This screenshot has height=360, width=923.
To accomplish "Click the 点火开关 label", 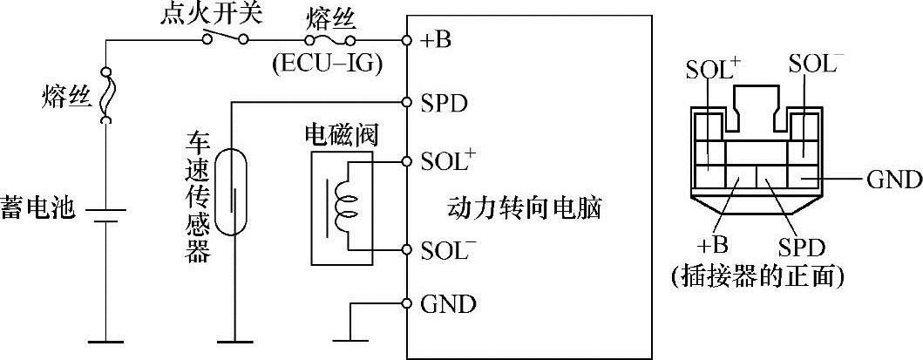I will (203, 16).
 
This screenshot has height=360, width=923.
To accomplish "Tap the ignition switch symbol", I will (225, 38).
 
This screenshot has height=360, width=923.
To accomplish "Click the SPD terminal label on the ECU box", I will (445, 103).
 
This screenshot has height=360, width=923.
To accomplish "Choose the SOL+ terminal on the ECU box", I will (449, 161).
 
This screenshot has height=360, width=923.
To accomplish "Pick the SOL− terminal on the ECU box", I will (449, 250).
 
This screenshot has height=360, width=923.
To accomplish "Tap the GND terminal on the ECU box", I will (448, 304).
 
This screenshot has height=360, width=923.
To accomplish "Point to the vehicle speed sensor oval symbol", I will (231, 192).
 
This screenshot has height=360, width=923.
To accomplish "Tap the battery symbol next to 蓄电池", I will (105, 215).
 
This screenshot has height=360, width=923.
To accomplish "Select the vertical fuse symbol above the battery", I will (105, 96).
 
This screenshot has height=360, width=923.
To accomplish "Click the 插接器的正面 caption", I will (757, 277).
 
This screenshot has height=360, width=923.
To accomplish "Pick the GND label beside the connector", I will (893, 180).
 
